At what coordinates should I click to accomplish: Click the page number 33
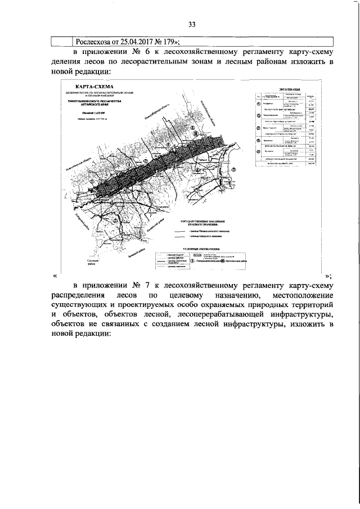(x=192, y=24)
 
